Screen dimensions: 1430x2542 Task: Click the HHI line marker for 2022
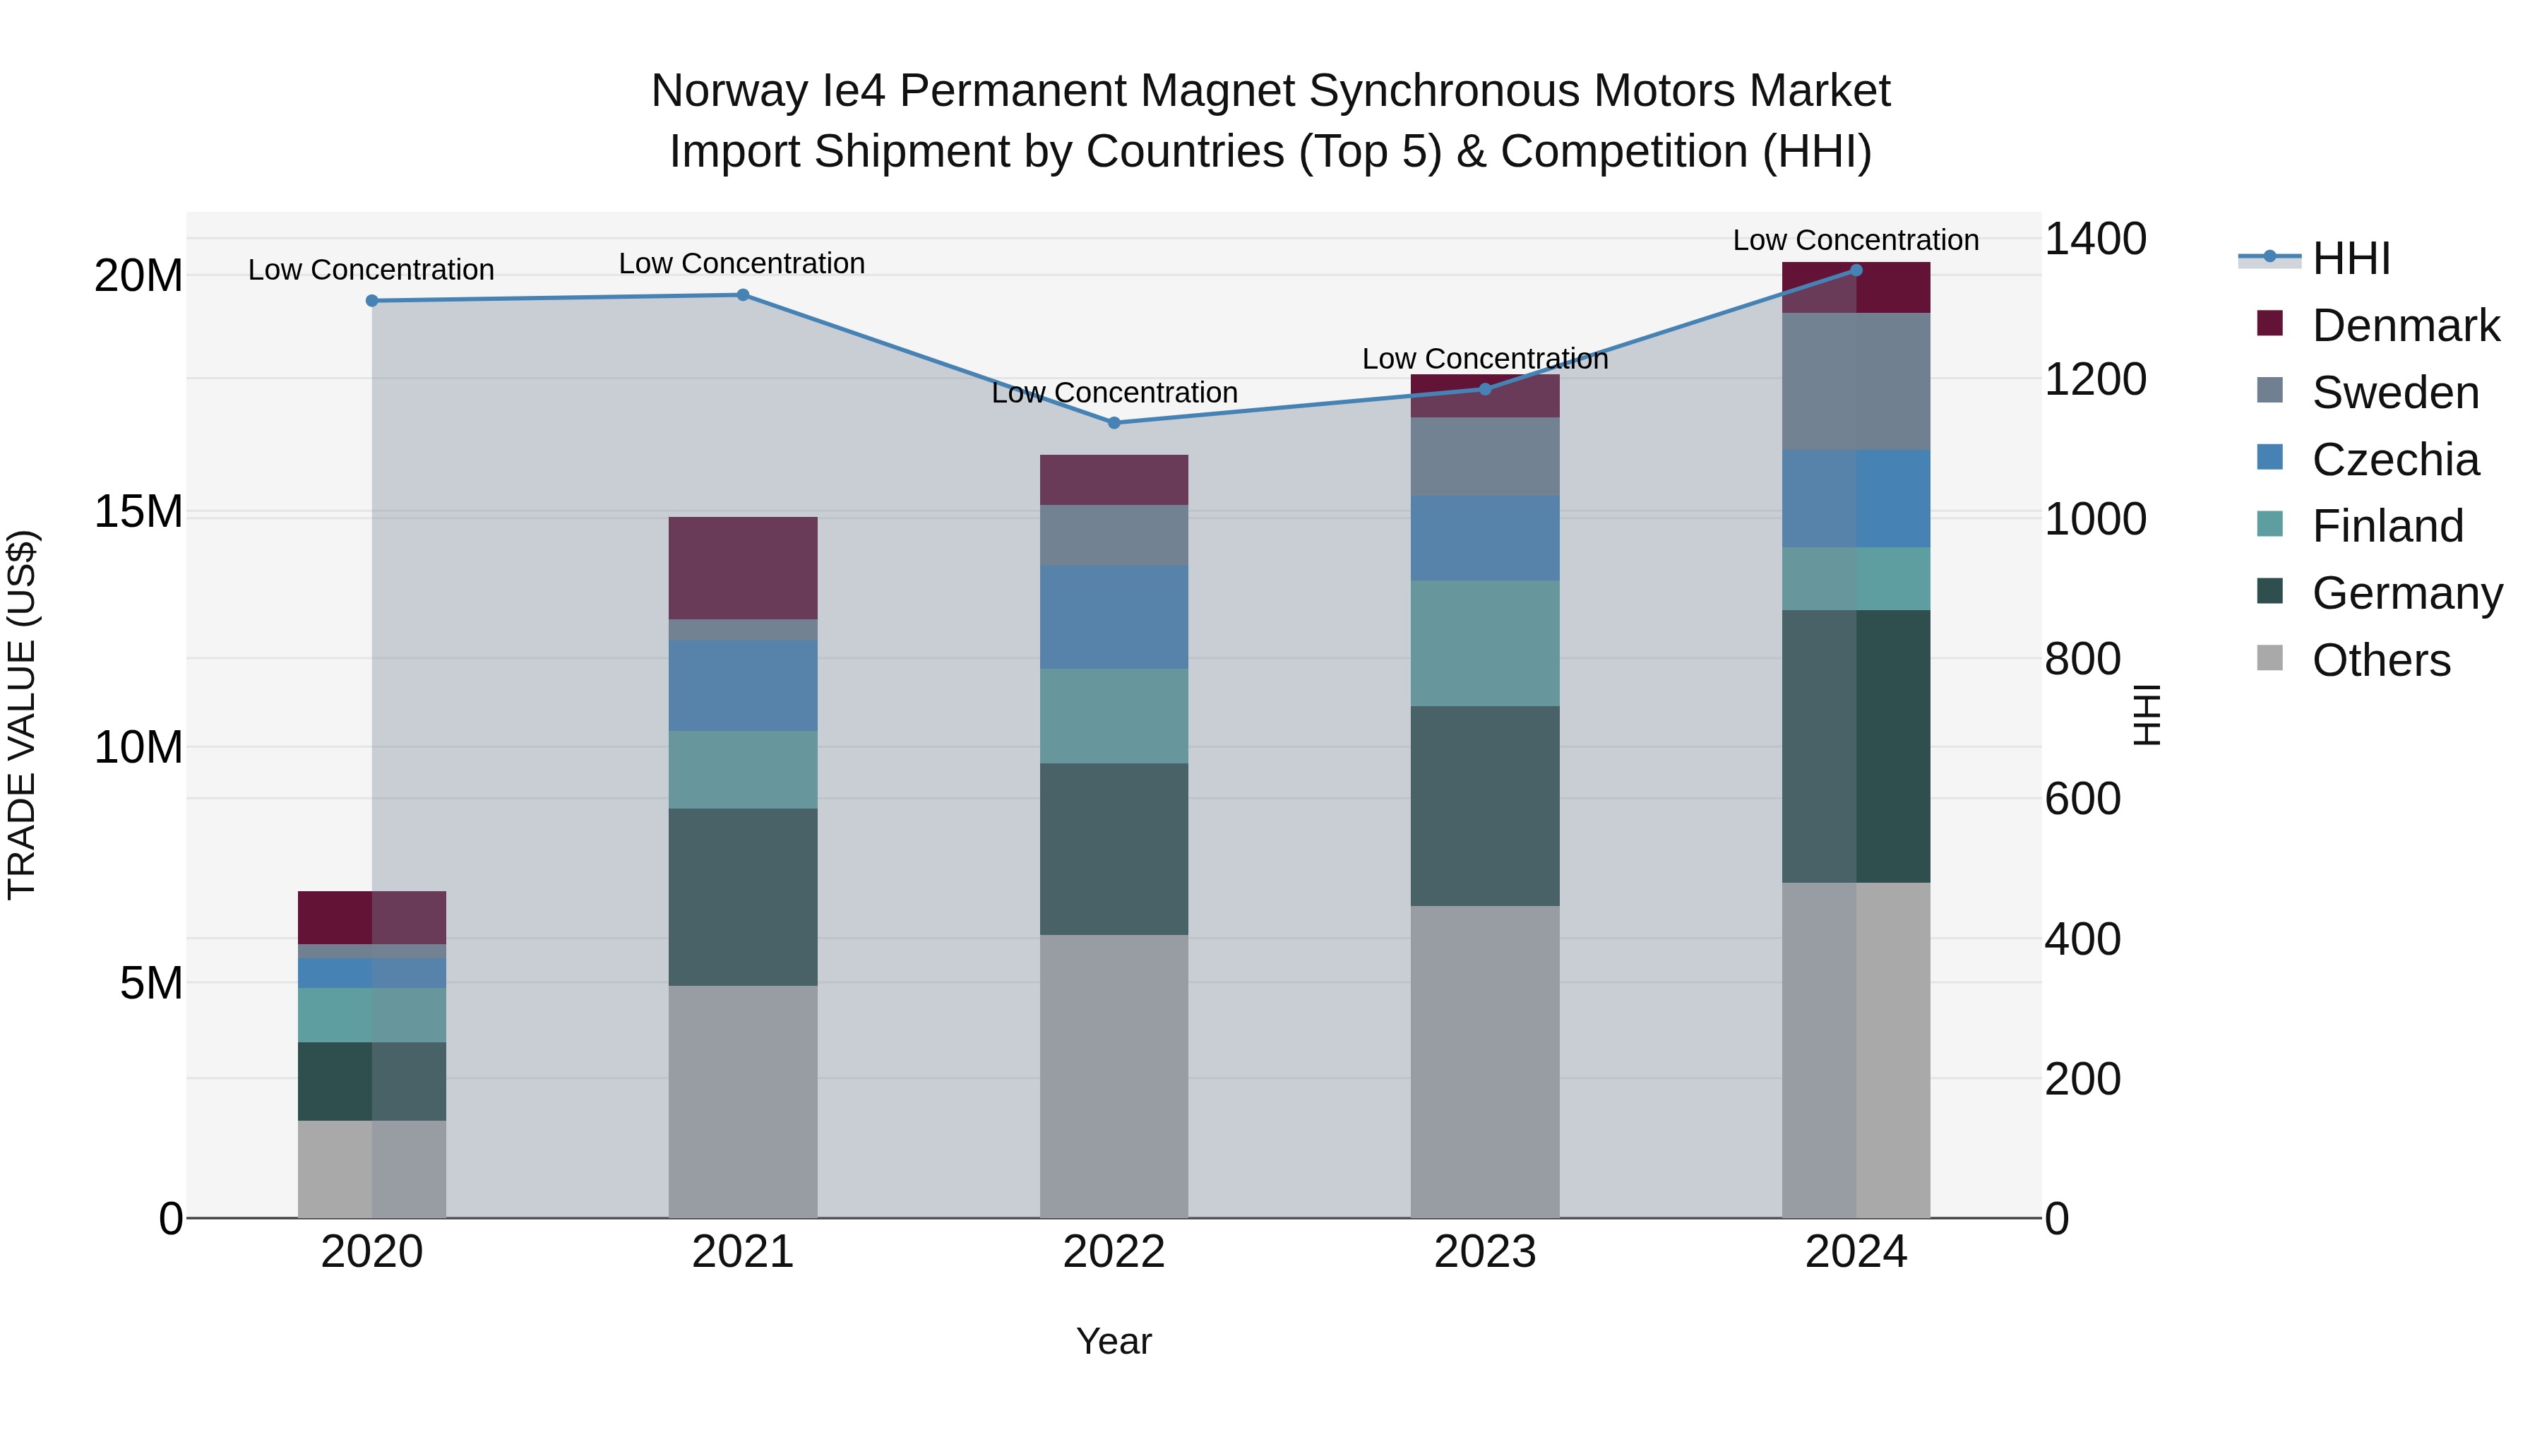1114,422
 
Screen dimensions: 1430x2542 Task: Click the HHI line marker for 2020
372,301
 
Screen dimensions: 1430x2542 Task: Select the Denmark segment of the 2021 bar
743,568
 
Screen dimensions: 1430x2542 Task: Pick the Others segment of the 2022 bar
1114,1076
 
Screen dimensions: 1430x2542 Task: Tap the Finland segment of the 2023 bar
1485,643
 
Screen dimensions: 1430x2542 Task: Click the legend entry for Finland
2387,526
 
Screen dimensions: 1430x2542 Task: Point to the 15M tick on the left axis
138,512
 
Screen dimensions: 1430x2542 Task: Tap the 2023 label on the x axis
1485,1252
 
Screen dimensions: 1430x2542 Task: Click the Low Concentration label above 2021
742,263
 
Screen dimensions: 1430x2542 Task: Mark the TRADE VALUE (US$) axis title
22,715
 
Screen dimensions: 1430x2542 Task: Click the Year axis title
1114,1341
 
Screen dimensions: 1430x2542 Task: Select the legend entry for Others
2380,660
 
